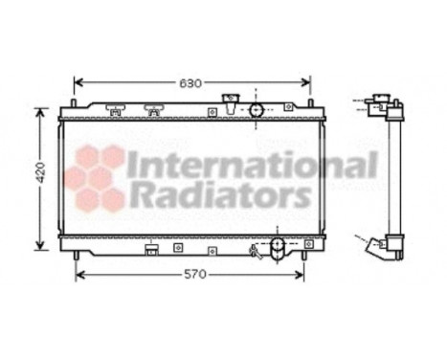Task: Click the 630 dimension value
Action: tap(191, 82)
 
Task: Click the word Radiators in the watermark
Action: tap(219, 197)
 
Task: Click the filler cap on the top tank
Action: tap(230, 101)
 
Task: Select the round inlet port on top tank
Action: tap(257, 109)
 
